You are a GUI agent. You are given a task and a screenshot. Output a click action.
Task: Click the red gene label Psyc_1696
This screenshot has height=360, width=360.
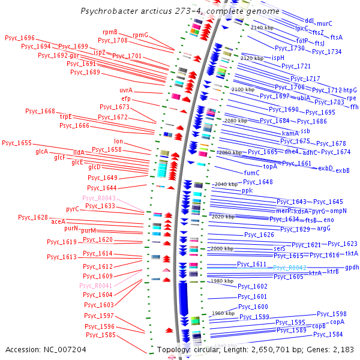[x=20, y=38]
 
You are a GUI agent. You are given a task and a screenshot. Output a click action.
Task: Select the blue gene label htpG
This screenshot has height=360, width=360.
[x=350, y=90]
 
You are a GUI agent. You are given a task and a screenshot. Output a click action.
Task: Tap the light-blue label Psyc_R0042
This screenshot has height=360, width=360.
[x=290, y=268]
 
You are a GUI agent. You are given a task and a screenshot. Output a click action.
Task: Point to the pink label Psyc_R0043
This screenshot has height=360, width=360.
[x=98, y=198]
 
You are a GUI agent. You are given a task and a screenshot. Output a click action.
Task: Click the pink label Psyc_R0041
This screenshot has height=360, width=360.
[x=95, y=286]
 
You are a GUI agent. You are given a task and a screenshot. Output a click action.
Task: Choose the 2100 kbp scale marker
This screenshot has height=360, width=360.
[x=242, y=89]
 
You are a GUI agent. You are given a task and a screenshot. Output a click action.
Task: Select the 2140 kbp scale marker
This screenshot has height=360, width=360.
[x=262, y=28]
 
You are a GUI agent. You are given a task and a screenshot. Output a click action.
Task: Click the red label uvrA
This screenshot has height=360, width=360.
[x=125, y=90]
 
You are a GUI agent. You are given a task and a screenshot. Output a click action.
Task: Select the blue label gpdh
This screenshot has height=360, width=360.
[x=352, y=267]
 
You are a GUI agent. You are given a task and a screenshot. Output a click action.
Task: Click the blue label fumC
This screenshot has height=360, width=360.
[x=251, y=173]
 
